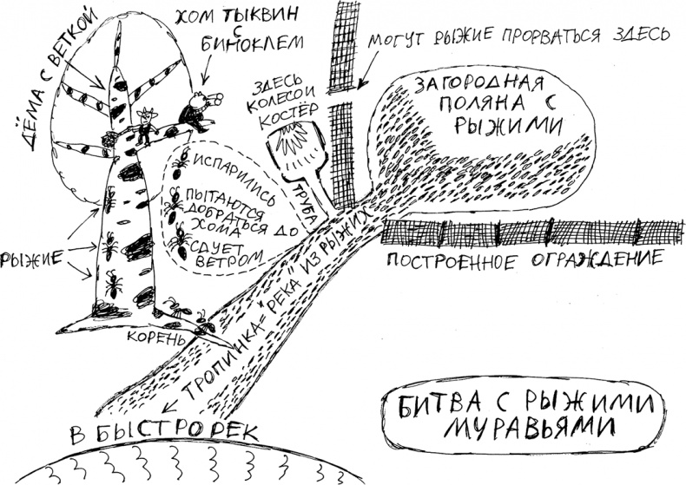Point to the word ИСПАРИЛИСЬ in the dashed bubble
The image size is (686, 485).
[226, 164]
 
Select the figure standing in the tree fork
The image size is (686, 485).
[145, 125]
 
